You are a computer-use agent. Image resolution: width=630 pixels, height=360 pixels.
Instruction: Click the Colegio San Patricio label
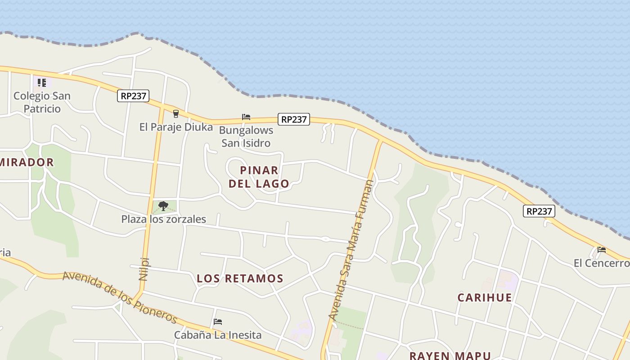(42, 102)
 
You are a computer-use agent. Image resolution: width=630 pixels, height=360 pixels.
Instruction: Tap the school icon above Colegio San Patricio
(42, 82)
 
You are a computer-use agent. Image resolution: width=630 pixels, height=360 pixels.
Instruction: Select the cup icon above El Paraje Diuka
(176, 113)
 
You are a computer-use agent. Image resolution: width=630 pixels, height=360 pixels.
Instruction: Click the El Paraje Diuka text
(176, 127)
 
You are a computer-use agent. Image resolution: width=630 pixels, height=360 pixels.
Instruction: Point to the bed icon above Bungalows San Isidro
(246, 117)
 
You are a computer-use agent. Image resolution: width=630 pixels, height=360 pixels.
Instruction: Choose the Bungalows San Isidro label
(246, 137)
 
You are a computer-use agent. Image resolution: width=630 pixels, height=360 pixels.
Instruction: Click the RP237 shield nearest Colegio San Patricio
(133, 96)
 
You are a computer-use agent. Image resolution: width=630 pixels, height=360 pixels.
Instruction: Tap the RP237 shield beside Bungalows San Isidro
(294, 119)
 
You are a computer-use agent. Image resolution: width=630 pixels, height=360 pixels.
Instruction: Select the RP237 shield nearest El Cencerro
(539, 211)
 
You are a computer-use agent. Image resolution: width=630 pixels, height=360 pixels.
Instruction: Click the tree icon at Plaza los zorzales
(163, 206)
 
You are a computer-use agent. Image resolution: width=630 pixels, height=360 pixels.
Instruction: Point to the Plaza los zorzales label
(163, 219)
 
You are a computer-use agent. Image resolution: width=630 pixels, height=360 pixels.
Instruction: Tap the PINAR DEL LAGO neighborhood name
(259, 177)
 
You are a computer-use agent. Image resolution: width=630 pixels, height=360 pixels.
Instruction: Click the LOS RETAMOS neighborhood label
(240, 279)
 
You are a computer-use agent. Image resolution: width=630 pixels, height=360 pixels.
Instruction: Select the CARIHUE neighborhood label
(485, 297)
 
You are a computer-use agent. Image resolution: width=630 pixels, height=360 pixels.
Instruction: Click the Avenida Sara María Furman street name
(351, 250)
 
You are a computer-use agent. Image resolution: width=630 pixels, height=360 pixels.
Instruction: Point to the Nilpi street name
(144, 269)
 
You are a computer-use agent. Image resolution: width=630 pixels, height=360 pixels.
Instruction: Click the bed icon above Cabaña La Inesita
(218, 322)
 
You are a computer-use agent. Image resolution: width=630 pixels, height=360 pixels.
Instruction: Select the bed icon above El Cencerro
(602, 250)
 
